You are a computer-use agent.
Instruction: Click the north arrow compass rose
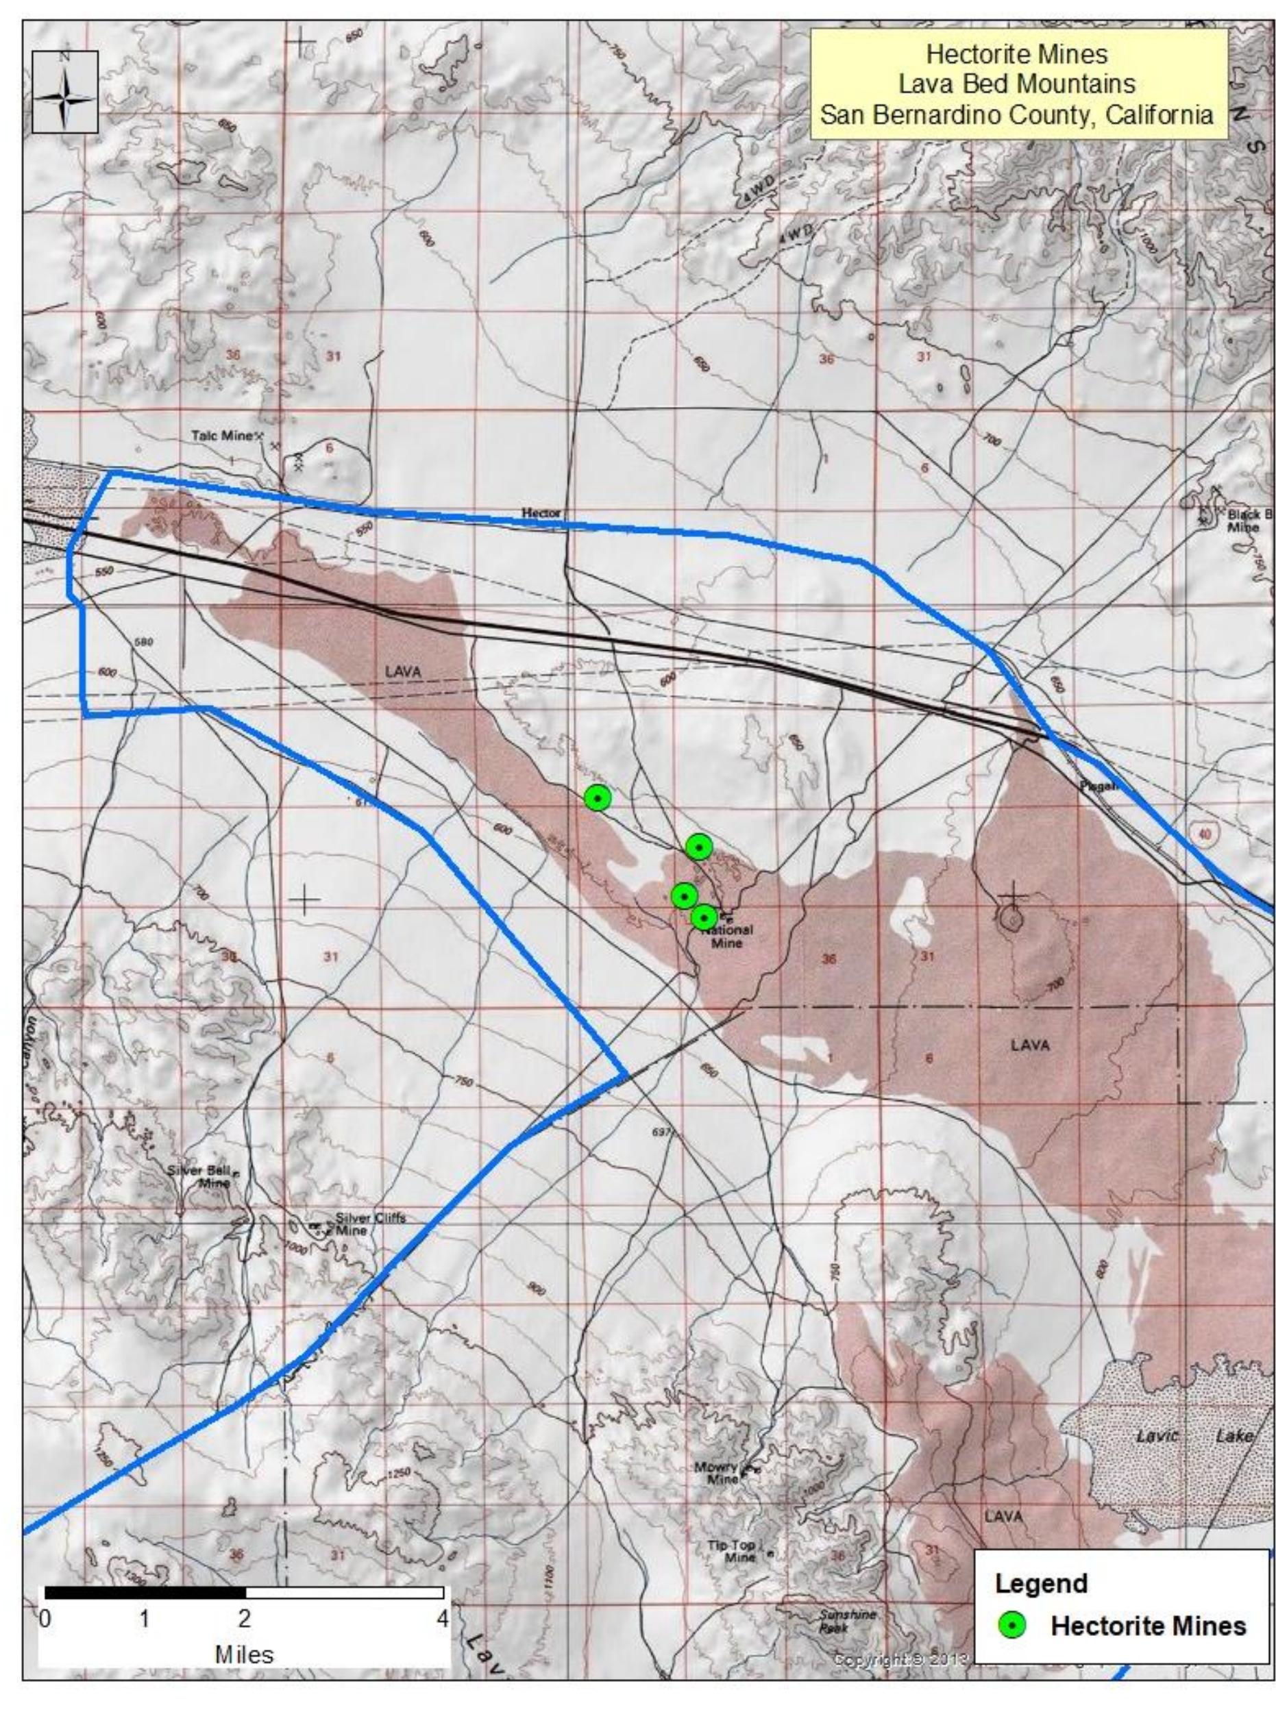pos(66,92)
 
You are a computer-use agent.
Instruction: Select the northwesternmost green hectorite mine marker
pos(597,797)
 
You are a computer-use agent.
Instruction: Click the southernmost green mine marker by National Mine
pos(703,917)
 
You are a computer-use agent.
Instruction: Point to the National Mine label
pos(726,936)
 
